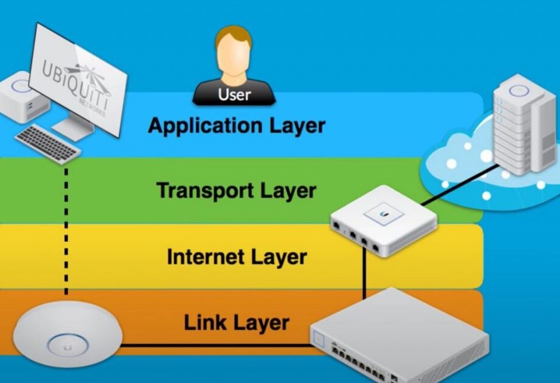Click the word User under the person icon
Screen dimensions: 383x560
pyautogui.click(x=234, y=94)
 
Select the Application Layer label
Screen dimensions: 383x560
pyautogui.click(x=237, y=126)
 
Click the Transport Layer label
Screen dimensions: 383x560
pyautogui.click(x=237, y=190)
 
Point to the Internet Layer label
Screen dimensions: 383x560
pyautogui.click(x=237, y=257)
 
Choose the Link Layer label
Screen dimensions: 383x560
pyautogui.click(x=237, y=322)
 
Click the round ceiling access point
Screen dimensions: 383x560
pyautogui.click(x=67, y=335)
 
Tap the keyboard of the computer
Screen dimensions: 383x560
pyautogui.click(x=47, y=143)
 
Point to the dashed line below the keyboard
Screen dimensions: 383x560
pyautogui.click(x=66, y=231)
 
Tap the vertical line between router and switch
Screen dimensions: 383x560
pyautogui.click(x=364, y=274)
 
